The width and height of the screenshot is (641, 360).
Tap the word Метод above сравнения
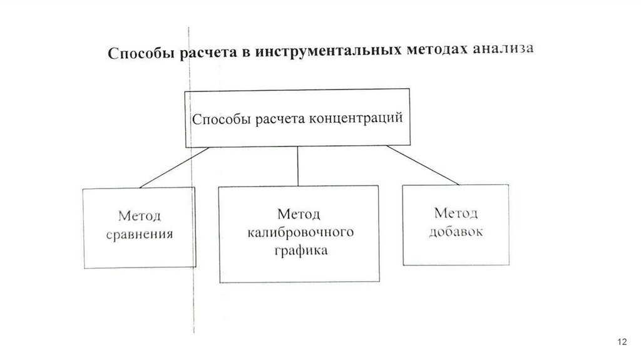click(x=140, y=217)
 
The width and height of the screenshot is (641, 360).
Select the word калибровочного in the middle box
click(x=300, y=233)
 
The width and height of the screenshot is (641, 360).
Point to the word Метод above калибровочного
click(x=299, y=215)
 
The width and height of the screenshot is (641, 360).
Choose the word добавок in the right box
click(x=455, y=231)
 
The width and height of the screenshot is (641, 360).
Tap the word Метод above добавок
click(x=456, y=212)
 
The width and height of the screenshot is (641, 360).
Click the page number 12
click(x=622, y=341)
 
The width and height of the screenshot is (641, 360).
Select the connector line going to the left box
click(x=174, y=167)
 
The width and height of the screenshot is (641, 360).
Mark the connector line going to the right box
click(x=423, y=165)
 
